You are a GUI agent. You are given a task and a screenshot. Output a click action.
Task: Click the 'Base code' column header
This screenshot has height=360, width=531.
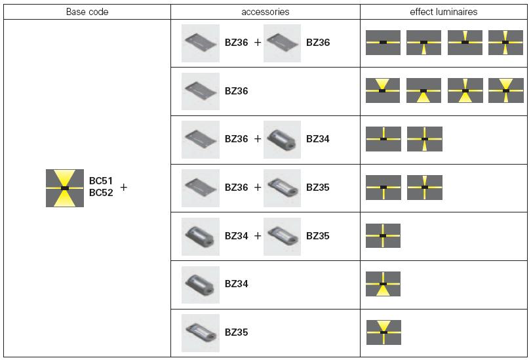87,12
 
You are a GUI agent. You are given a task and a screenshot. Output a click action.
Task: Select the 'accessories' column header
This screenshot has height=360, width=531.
265,12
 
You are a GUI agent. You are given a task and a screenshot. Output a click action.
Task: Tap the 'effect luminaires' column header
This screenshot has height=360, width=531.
444,12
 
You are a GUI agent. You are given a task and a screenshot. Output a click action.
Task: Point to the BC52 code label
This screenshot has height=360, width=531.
102,193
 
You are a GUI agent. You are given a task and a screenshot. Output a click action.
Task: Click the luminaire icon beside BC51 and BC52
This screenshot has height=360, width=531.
65,188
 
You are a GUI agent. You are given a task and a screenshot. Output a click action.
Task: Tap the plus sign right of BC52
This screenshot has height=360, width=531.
124,188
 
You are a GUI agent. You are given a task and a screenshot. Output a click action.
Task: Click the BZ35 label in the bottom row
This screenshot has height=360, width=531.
236,332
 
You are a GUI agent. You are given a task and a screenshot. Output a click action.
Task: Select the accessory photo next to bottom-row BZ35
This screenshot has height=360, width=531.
200,332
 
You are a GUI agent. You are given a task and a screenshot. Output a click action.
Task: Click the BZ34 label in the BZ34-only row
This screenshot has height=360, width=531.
236,284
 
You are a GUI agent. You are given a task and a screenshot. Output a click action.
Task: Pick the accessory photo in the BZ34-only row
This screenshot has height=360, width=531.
200,284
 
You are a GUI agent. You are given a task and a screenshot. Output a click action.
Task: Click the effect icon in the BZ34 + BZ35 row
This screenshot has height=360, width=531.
383,235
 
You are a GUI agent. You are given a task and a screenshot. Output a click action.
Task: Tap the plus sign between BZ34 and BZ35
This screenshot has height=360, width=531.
258,236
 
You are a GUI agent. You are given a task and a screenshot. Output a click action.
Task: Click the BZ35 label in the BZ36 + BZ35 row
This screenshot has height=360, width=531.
318,188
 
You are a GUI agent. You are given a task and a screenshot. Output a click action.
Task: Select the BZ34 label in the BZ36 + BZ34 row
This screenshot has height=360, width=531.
318,139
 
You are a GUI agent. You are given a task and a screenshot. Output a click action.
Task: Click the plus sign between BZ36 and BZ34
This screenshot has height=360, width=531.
258,139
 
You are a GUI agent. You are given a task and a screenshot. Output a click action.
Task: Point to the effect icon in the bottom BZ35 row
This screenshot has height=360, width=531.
383,332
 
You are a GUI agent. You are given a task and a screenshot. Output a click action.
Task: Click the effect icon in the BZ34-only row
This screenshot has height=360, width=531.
383,284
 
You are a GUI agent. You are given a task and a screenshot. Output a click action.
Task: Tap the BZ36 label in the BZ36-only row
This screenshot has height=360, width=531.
236,91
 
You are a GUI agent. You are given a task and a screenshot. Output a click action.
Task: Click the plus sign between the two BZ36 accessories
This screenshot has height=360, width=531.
258,43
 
